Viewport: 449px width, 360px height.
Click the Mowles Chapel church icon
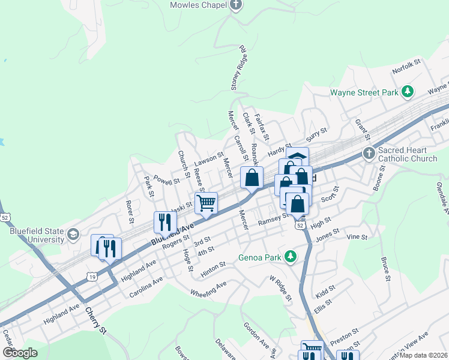coord(236,5)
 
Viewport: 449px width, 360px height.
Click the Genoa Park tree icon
coord(291,257)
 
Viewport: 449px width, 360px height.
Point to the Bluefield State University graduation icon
coord(74,234)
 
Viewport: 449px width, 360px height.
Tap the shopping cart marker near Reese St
coord(206,203)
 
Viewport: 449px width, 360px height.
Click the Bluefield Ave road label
coord(173,234)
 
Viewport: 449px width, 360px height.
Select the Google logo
coord(20,353)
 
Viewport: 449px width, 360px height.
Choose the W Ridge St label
coord(280,288)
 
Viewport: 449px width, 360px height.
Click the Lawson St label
coord(208,160)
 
